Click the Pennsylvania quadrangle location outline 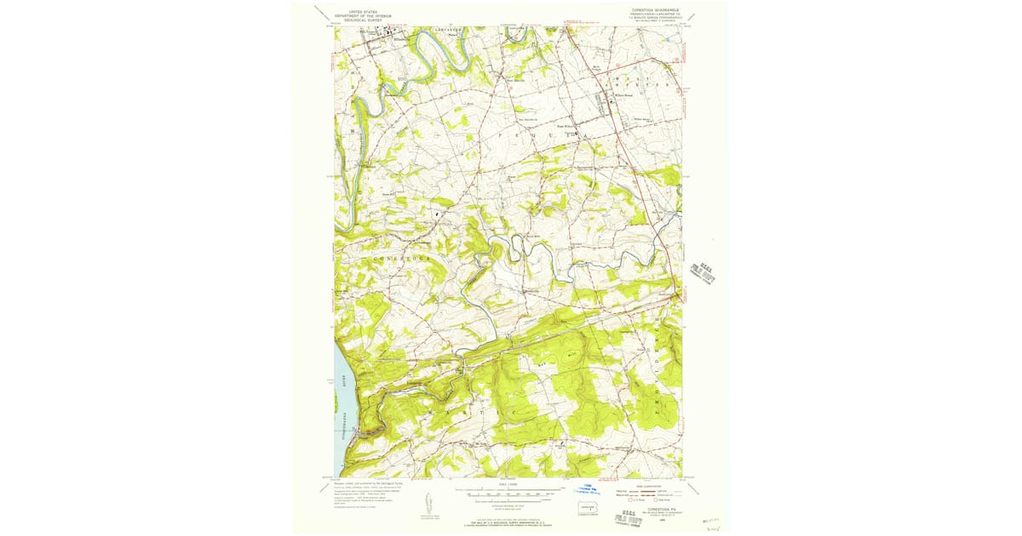[587, 509]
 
